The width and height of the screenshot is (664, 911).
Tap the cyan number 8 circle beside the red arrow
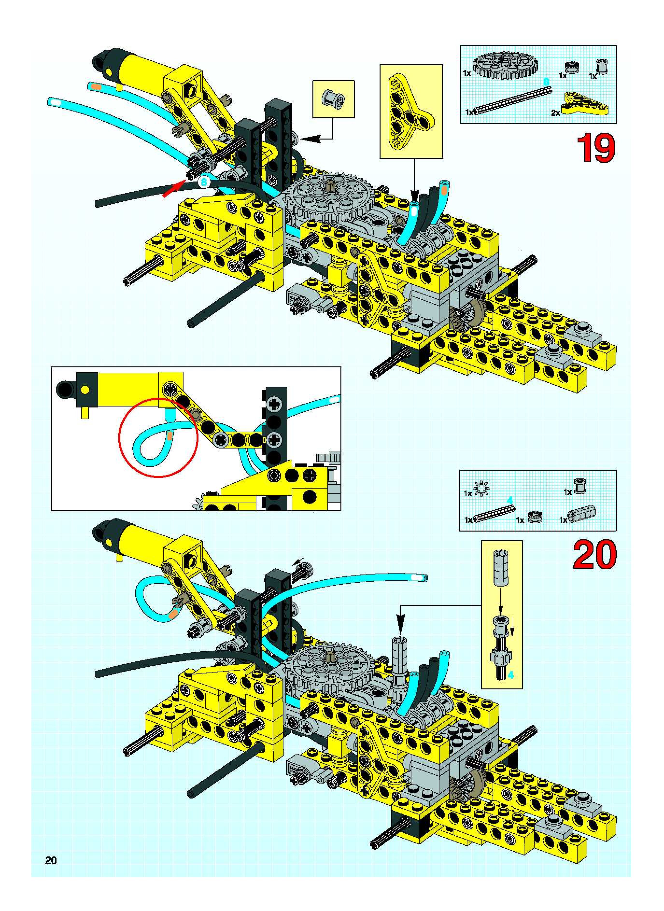pyautogui.click(x=204, y=182)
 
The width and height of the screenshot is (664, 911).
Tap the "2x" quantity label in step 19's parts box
pyautogui.click(x=556, y=113)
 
